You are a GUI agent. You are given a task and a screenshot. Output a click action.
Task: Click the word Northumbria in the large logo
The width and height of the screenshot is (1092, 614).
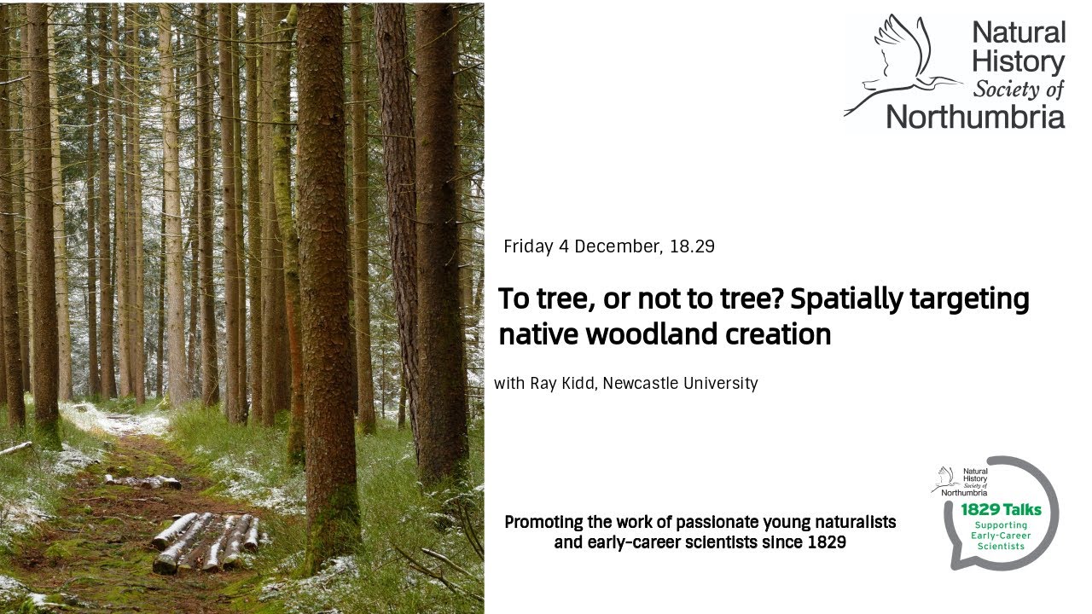coord(976,116)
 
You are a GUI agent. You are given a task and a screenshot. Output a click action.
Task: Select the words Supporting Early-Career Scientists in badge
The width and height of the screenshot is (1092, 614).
coord(1002,536)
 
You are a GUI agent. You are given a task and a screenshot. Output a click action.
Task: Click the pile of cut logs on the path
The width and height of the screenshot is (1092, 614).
coord(206,542)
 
